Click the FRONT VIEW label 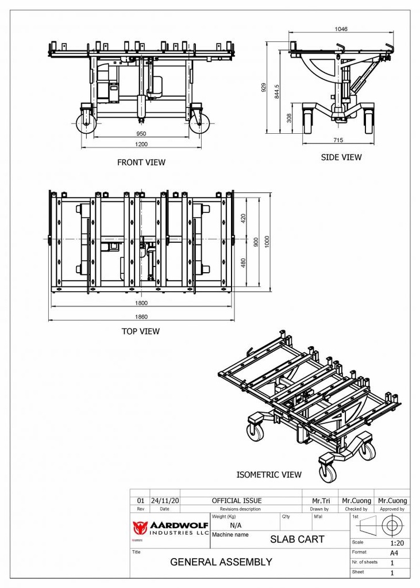[x=141, y=163]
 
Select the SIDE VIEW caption [x=341, y=157]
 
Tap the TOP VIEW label [x=140, y=331]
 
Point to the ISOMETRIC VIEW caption [x=269, y=475]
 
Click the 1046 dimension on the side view [x=341, y=29]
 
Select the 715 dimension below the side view [x=338, y=140]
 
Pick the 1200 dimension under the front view [x=141, y=144]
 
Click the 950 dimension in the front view [x=141, y=134]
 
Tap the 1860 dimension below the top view [x=141, y=316]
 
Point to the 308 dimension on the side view [x=289, y=118]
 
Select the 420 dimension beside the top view [x=244, y=219]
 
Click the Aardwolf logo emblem [x=140, y=527]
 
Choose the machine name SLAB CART [x=297, y=540]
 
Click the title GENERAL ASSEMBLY [x=221, y=562]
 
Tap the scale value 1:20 [x=396, y=543]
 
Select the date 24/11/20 [x=165, y=501]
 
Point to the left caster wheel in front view [x=86, y=123]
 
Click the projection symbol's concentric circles [x=392, y=525]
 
